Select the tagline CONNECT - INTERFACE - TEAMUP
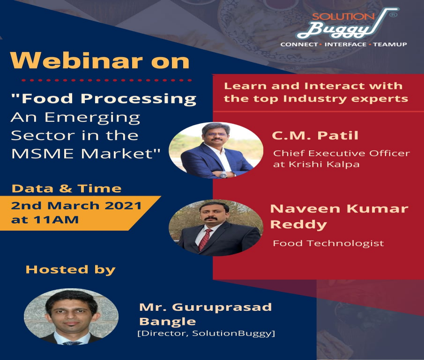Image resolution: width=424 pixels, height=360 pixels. coord(343,44)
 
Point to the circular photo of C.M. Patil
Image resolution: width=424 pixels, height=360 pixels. coord(216,150)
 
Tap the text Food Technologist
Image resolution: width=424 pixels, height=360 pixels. coord(328,243)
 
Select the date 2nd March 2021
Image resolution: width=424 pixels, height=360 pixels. coord(76,206)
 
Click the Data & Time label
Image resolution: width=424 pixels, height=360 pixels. coord(66,188)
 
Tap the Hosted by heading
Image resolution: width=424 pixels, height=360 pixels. coord(70,269)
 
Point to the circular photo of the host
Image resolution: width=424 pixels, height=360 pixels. coord(71,316)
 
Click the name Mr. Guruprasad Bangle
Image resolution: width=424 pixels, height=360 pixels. coord(205,314)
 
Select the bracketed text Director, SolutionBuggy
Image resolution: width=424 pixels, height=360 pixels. coord(206,333)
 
